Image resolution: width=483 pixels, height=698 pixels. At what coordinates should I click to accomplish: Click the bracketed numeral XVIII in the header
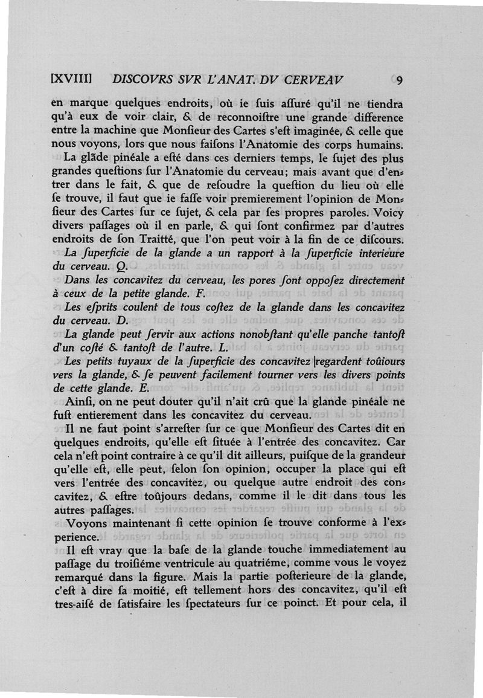point(72,79)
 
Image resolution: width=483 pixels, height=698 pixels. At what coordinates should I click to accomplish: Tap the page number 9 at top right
point(400,80)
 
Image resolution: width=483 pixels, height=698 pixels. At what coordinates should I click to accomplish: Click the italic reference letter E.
point(138,389)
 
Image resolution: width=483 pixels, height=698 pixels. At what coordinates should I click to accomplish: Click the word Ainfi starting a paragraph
point(78,403)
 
